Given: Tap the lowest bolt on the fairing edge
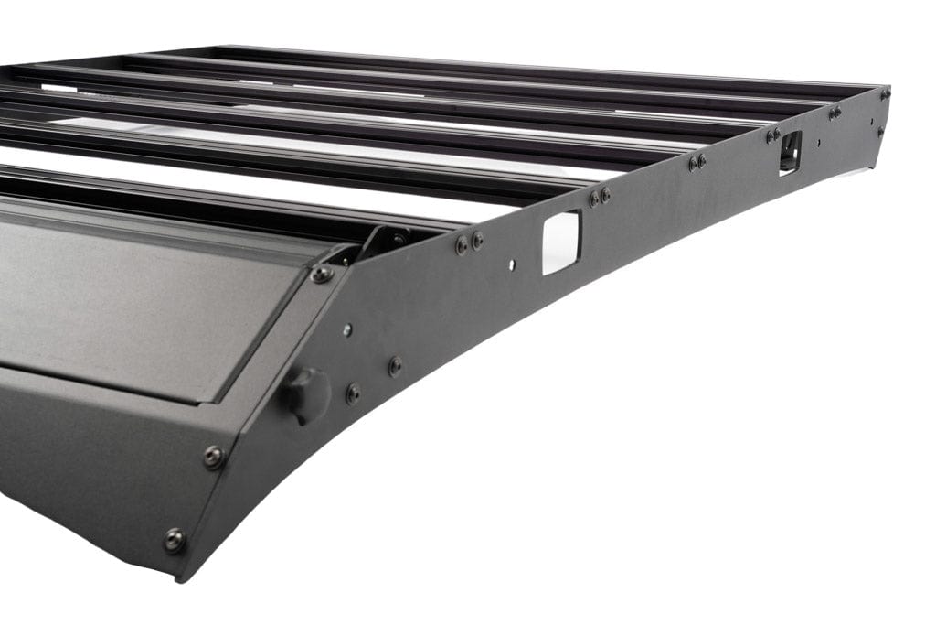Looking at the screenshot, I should (174, 540).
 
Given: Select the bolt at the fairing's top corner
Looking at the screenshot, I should (322, 274).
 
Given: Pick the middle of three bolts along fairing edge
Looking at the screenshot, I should (213, 456).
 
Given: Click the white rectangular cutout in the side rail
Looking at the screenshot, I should (561, 242).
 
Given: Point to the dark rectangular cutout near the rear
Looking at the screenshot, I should (790, 151).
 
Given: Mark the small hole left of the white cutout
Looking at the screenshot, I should (512, 265).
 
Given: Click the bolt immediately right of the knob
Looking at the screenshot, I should (353, 393).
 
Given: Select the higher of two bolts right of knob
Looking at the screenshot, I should (395, 366).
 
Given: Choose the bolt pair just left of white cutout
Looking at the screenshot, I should (469, 242).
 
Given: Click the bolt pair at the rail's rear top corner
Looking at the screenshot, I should (885, 92).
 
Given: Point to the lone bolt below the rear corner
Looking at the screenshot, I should (881, 132).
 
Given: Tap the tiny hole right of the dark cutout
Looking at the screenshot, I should (818, 143).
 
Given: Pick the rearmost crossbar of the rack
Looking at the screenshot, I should (548, 69).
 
